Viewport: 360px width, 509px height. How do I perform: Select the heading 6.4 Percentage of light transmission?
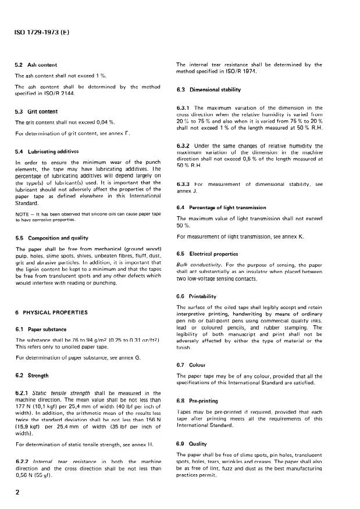[221, 207]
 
